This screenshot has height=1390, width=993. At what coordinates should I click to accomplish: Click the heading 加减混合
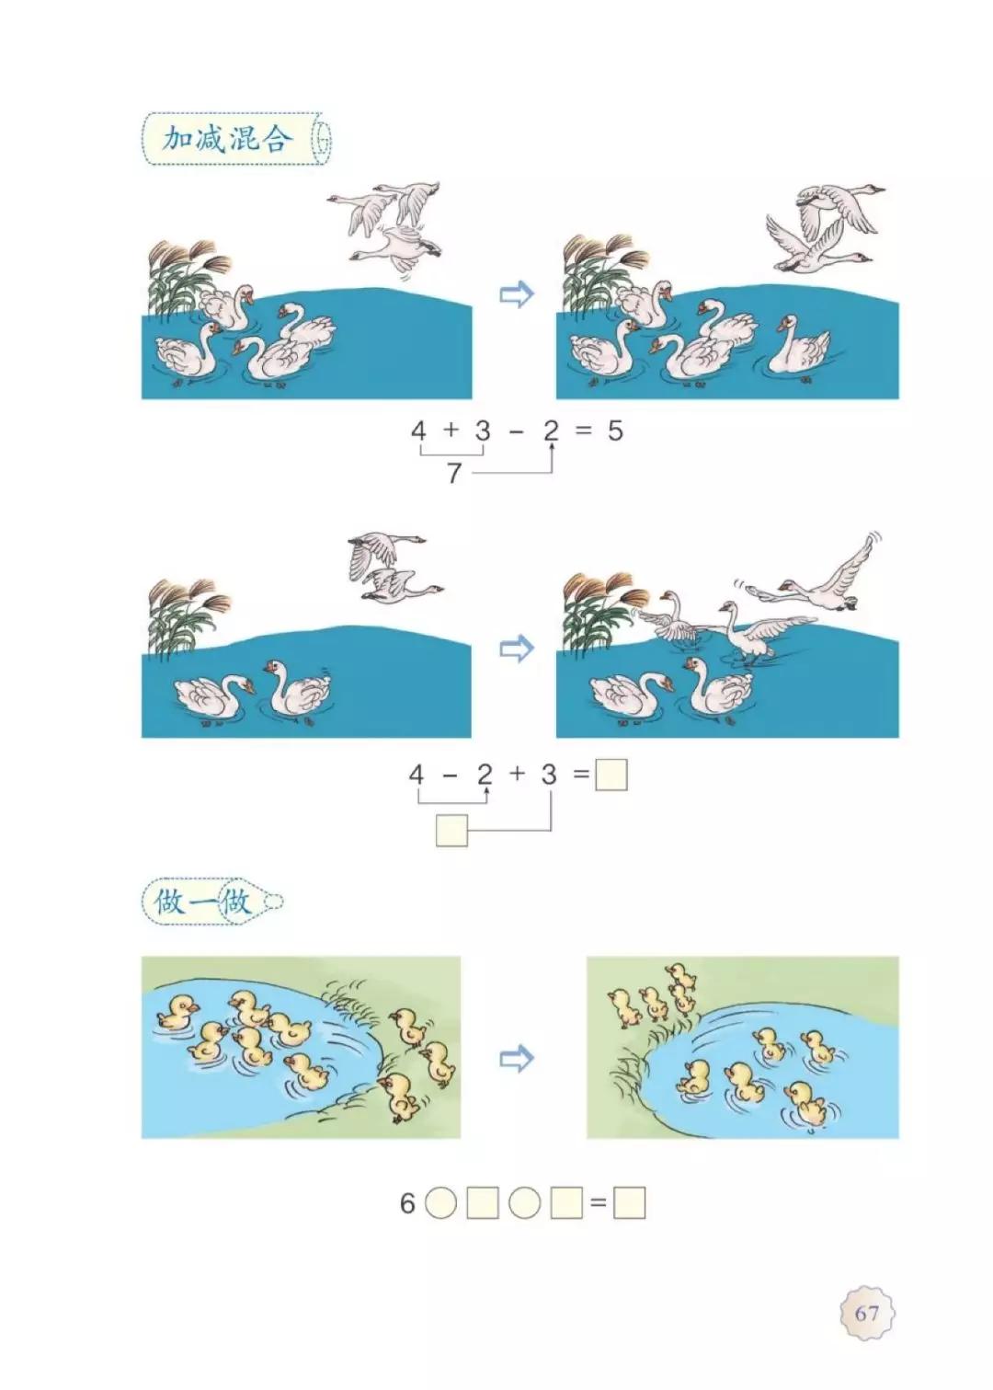tap(227, 139)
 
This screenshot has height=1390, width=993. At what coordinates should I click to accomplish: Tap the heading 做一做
tap(202, 902)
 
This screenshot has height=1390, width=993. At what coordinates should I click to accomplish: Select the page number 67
tap(866, 1313)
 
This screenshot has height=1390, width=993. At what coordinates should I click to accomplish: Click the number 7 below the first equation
tap(453, 473)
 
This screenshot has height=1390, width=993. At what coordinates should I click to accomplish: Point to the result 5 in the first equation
tap(615, 431)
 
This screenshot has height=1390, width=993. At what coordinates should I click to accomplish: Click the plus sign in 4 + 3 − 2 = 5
tap(451, 430)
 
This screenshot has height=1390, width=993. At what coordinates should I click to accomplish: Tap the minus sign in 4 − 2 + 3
tap(450, 775)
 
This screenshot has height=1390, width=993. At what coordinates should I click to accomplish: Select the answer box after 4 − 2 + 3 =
tap(611, 775)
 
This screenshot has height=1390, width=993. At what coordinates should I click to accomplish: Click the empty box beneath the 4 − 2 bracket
tap(451, 830)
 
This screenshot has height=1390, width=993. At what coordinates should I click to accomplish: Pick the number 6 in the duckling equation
tap(407, 1203)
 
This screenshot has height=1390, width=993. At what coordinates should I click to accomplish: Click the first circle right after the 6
tap(441, 1203)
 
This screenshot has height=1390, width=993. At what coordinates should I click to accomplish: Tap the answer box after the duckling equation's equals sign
tap(630, 1203)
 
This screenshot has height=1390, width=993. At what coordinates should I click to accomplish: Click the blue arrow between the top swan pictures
tap(516, 295)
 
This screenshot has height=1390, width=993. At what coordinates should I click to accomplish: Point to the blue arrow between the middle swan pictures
tap(516, 649)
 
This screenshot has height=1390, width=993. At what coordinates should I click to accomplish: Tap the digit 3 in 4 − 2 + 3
tap(549, 775)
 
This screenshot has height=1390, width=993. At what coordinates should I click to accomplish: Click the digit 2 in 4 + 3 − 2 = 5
tap(551, 430)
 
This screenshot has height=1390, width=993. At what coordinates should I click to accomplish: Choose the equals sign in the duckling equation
tap(599, 1203)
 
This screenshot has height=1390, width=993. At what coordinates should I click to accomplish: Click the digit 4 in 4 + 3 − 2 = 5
tap(419, 430)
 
